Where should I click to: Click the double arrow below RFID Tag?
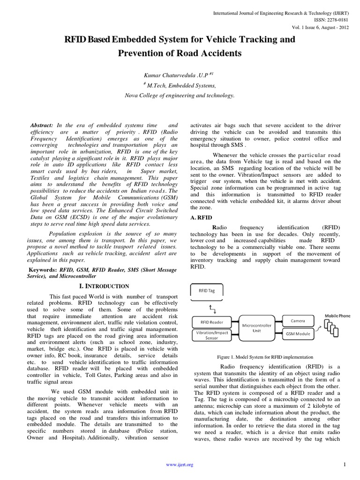click(x=212, y=307)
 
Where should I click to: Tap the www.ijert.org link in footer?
click(x=180, y=465)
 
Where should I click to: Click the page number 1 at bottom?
click(x=344, y=464)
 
